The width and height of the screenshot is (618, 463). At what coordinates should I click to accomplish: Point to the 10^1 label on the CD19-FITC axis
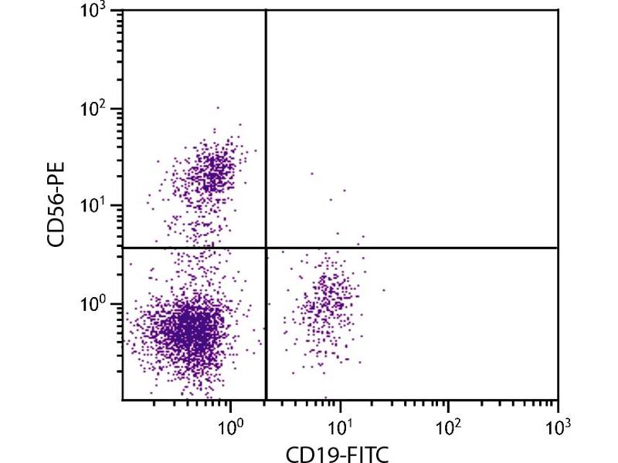pos(339,422)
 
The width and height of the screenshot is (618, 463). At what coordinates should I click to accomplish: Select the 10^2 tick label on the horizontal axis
pos(448,422)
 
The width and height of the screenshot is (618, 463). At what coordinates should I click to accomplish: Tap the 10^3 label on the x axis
pos(557,422)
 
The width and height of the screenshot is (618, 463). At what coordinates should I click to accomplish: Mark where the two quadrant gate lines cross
pos(266,248)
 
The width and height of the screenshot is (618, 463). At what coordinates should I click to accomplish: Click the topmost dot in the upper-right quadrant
pos(312,174)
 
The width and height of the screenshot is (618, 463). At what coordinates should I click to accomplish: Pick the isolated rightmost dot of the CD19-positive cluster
pos(383,290)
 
